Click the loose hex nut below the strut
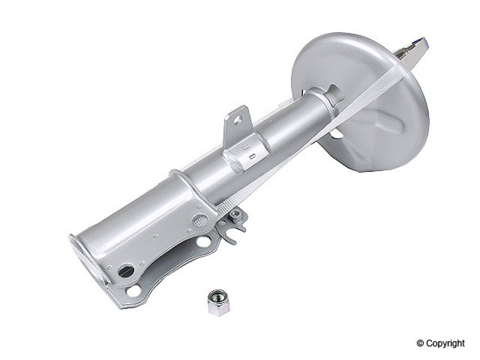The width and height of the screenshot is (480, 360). click(x=218, y=303)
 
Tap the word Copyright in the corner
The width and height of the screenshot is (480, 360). click(x=445, y=343)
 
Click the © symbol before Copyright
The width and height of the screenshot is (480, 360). click(x=421, y=343)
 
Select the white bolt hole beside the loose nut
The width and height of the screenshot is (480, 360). click(x=134, y=290)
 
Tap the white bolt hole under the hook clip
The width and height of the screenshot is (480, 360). click(x=203, y=241)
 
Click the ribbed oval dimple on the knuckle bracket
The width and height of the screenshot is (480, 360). click(x=199, y=220)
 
